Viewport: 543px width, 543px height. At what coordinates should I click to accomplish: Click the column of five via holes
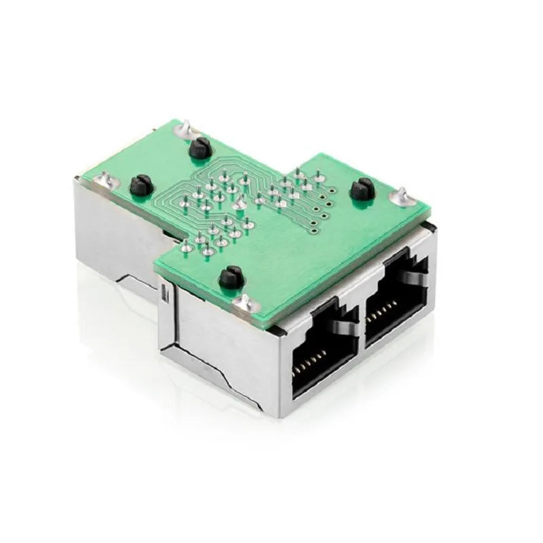click(323, 204)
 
